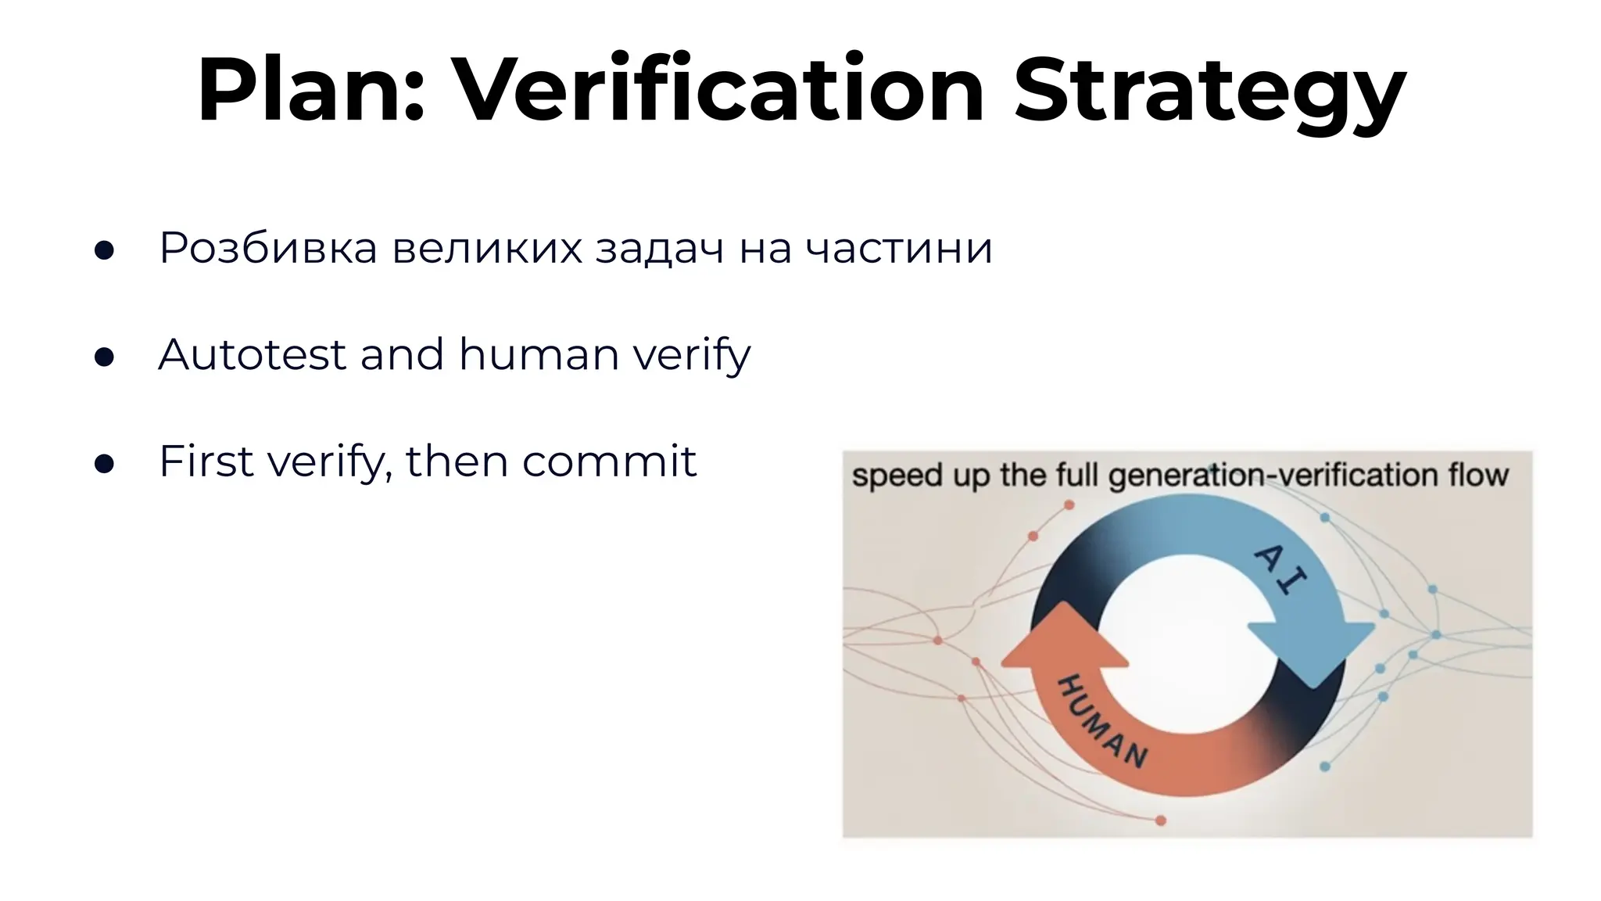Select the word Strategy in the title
[1209, 92]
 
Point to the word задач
[660, 249]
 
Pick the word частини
[898, 248]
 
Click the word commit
[609, 461]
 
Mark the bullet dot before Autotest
[104, 357]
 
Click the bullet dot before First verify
[104, 465]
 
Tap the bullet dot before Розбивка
[104, 251]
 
